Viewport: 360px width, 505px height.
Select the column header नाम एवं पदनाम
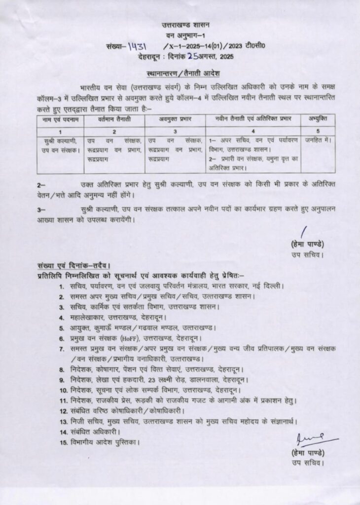tap(60, 119)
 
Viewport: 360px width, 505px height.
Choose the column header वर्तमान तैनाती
tap(114, 119)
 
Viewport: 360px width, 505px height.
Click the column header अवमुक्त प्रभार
tap(175, 119)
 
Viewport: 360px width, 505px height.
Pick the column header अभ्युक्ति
tap(318, 119)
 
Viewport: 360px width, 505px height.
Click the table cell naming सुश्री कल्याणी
tap(60, 144)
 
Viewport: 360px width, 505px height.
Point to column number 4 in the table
tap(253, 131)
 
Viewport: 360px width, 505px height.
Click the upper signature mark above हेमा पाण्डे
tap(304, 232)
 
